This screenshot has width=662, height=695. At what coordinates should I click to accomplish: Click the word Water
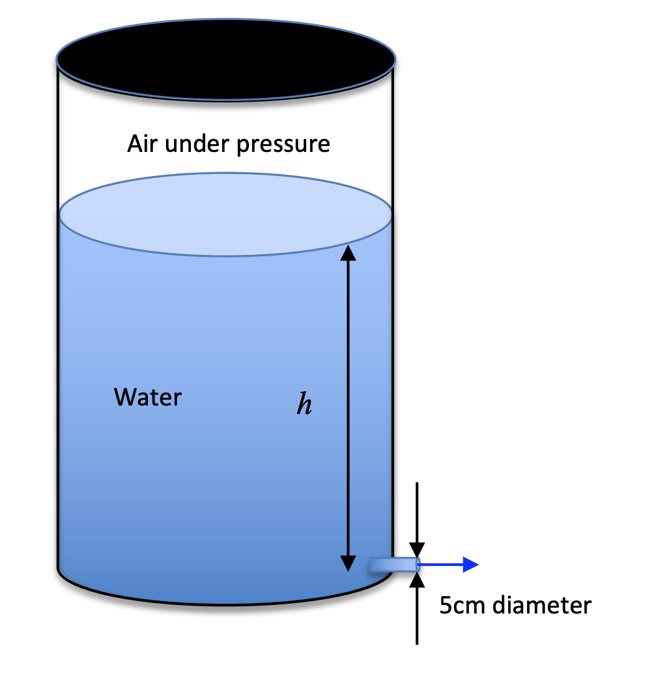148,397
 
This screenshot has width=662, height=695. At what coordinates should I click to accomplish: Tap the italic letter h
304,404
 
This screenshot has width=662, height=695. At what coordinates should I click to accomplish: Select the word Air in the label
143,143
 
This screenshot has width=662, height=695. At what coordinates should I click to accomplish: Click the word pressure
283,145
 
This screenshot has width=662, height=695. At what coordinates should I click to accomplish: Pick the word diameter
541,606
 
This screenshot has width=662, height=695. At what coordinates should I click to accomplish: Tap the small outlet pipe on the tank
393,565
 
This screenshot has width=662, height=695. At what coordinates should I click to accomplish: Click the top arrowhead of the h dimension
349,252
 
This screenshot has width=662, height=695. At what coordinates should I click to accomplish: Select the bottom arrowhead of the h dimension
349,562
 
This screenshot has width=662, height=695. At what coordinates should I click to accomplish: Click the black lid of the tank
225,59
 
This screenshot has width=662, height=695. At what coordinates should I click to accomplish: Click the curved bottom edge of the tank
225,604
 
